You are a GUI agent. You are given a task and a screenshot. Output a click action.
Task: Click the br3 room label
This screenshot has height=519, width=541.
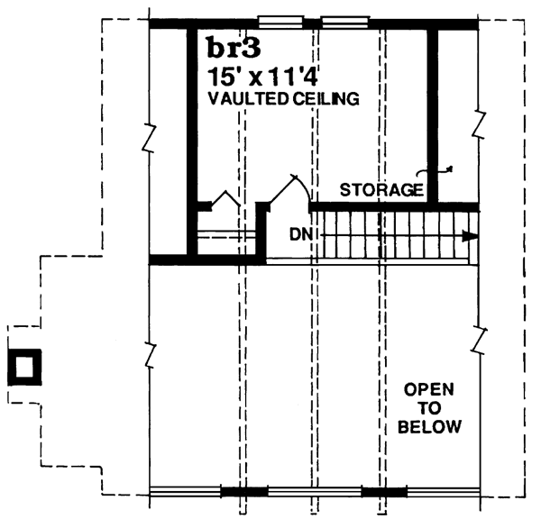[232, 48]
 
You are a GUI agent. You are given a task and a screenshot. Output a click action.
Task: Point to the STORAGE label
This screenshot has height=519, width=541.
[381, 190]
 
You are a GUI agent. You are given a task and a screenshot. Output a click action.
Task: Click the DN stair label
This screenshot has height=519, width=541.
[301, 234]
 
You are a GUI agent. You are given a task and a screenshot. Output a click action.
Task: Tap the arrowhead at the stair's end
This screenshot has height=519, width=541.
[468, 237]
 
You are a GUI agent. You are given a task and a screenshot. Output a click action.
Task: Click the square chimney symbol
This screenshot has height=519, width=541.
[24, 367]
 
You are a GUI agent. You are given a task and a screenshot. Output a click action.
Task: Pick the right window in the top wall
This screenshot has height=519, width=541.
[341, 20]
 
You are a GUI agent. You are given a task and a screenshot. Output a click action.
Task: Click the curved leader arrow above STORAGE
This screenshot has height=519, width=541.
[435, 172]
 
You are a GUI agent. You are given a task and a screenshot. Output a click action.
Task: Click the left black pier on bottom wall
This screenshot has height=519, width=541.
[244, 492]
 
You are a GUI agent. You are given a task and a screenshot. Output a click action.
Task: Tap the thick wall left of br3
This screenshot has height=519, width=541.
[192, 135]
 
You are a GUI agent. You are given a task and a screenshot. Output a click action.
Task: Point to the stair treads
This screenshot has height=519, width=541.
[397, 237]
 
